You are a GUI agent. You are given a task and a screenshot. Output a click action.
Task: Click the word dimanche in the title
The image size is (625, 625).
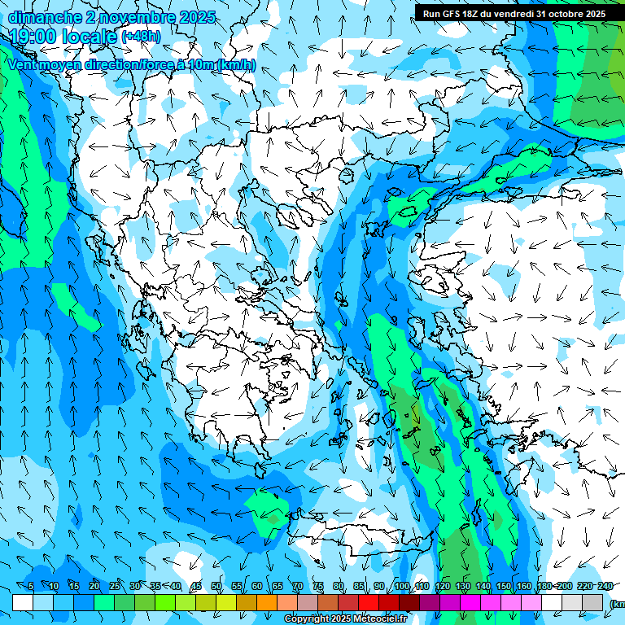(x=42, y=17)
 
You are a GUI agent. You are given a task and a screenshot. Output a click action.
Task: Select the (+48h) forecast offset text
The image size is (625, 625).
(x=141, y=37)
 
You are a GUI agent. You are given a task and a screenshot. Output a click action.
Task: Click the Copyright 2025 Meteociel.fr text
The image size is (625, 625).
(x=345, y=619)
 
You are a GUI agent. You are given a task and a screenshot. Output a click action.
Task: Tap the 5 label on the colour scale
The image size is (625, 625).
(x=31, y=587)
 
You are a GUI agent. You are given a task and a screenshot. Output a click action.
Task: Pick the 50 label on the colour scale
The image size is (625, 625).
(x=216, y=587)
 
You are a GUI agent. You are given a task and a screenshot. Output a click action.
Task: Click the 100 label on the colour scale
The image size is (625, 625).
(x=401, y=587)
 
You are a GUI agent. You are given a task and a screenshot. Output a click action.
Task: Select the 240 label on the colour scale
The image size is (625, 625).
(x=605, y=587)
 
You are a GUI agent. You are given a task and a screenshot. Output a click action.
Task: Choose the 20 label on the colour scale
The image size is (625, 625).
(x=94, y=587)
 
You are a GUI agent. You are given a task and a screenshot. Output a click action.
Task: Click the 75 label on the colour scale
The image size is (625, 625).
(x=318, y=587)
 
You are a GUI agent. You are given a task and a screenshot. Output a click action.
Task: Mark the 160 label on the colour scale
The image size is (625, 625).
(x=523, y=587)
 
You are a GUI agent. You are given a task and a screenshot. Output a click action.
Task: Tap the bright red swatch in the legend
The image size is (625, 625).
(x=369, y=602)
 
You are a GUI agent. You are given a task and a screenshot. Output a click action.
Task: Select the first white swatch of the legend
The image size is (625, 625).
(x=23, y=602)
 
